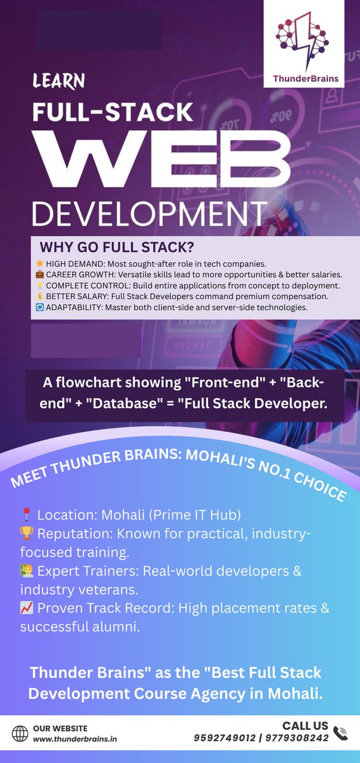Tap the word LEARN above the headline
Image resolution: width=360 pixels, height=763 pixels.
(59, 81)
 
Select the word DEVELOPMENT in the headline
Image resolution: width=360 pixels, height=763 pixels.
(149, 214)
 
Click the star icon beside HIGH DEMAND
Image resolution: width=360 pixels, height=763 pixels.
(40, 263)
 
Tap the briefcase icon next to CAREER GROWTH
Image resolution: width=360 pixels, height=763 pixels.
(40, 274)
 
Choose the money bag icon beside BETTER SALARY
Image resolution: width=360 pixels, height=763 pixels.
(40, 296)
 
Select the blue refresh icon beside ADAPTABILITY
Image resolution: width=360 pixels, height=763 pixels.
(40, 308)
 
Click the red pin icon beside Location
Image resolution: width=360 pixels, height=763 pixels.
(26, 514)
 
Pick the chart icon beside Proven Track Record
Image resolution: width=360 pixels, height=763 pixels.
(26, 608)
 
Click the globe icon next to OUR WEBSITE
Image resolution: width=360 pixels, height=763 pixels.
(21, 733)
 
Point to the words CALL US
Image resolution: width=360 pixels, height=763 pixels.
(305, 725)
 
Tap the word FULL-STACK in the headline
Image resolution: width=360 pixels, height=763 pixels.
(113, 112)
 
